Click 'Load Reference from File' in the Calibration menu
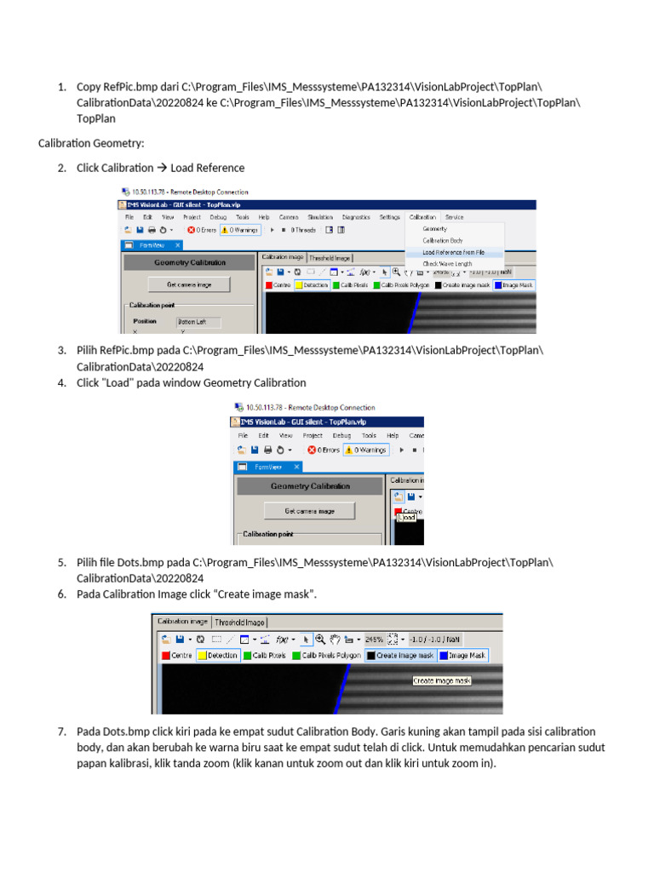point(454,252)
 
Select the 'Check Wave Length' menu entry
point(447,264)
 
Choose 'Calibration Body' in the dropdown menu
point(443,241)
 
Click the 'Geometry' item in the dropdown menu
point(434,229)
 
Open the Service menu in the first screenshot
point(454,217)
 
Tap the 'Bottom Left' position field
point(198,322)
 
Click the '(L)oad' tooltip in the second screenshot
point(406,517)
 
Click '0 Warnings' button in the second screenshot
point(364,450)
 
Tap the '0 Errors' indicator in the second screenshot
point(323,450)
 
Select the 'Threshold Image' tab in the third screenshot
point(239,622)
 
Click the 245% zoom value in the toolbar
point(375,639)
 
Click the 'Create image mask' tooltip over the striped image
point(442,680)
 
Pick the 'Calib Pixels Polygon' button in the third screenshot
point(327,656)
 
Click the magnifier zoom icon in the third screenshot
point(320,639)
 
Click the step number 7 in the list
point(61,731)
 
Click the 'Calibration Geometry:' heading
point(91,143)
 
